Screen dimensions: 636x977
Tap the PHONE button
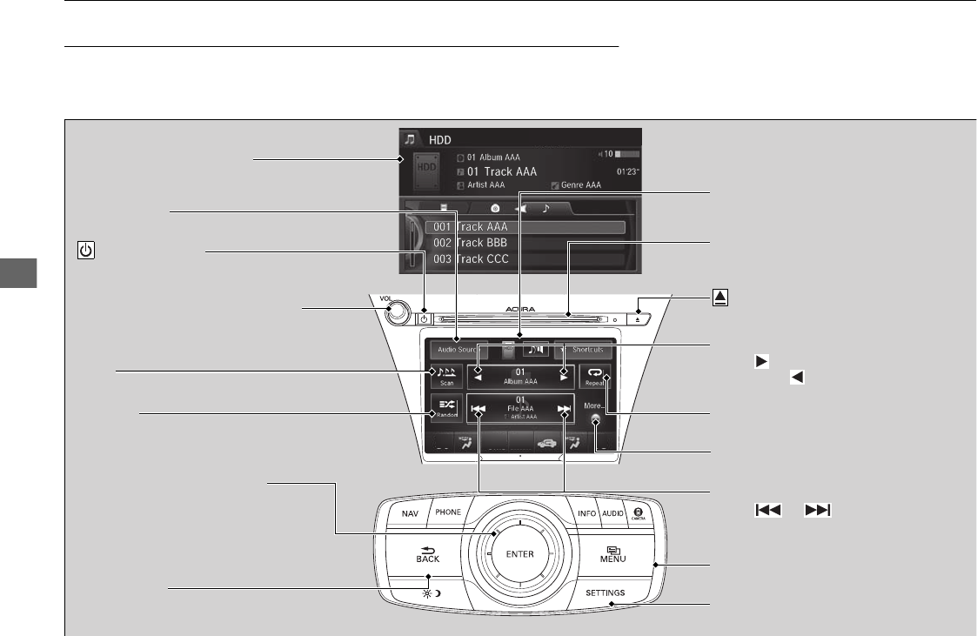pos(448,512)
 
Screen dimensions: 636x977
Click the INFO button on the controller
pos(586,513)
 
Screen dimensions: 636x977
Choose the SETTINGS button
pos(610,593)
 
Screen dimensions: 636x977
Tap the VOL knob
pos(399,312)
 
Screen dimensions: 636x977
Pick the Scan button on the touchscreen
pos(446,377)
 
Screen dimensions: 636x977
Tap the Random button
pos(447,408)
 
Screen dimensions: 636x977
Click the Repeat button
pos(596,377)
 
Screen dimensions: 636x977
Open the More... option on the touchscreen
pos(594,405)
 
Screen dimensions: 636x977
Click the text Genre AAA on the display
pos(580,185)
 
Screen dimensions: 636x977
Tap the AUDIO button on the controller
pos(612,513)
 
